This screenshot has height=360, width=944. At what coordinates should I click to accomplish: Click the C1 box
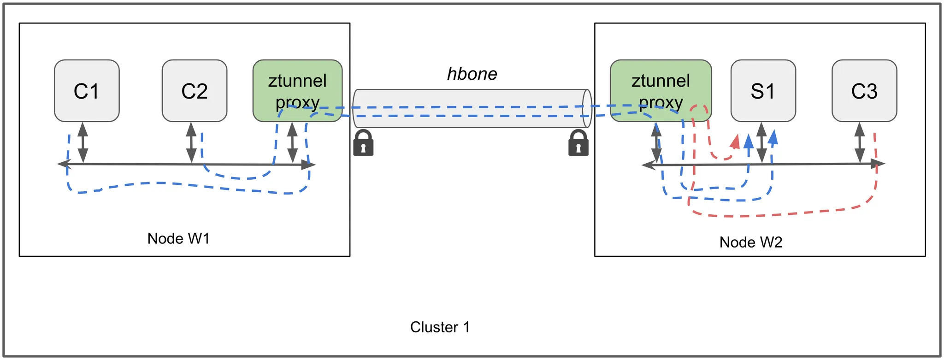pyautogui.click(x=87, y=91)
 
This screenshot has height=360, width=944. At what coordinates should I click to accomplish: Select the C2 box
pyautogui.click(x=195, y=91)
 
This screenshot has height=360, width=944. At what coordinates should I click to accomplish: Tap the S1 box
pyautogui.click(x=763, y=91)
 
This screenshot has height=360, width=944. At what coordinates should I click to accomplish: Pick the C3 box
pyautogui.click(x=864, y=91)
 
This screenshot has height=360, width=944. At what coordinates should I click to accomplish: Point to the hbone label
pyautogui.click(x=472, y=74)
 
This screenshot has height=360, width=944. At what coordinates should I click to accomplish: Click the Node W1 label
pyautogui.click(x=178, y=238)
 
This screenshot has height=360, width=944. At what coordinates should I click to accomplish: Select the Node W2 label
pyautogui.click(x=751, y=242)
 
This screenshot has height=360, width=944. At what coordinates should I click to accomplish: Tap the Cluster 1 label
pyautogui.click(x=440, y=327)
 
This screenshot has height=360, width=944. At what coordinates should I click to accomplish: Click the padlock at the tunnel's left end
pyautogui.click(x=363, y=143)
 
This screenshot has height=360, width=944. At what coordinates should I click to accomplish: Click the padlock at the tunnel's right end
pyautogui.click(x=578, y=143)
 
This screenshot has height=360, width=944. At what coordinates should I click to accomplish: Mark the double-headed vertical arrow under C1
pyautogui.click(x=83, y=142)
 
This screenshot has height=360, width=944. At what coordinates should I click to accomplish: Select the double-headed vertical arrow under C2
pyautogui.click(x=191, y=142)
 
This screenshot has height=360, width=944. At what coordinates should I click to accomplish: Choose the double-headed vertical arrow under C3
pyautogui.click(x=860, y=142)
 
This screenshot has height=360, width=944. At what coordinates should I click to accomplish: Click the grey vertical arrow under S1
pyautogui.click(x=761, y=142)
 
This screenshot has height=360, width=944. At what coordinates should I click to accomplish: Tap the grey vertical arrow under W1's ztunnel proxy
pyautogui.click(x=292, y=142)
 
